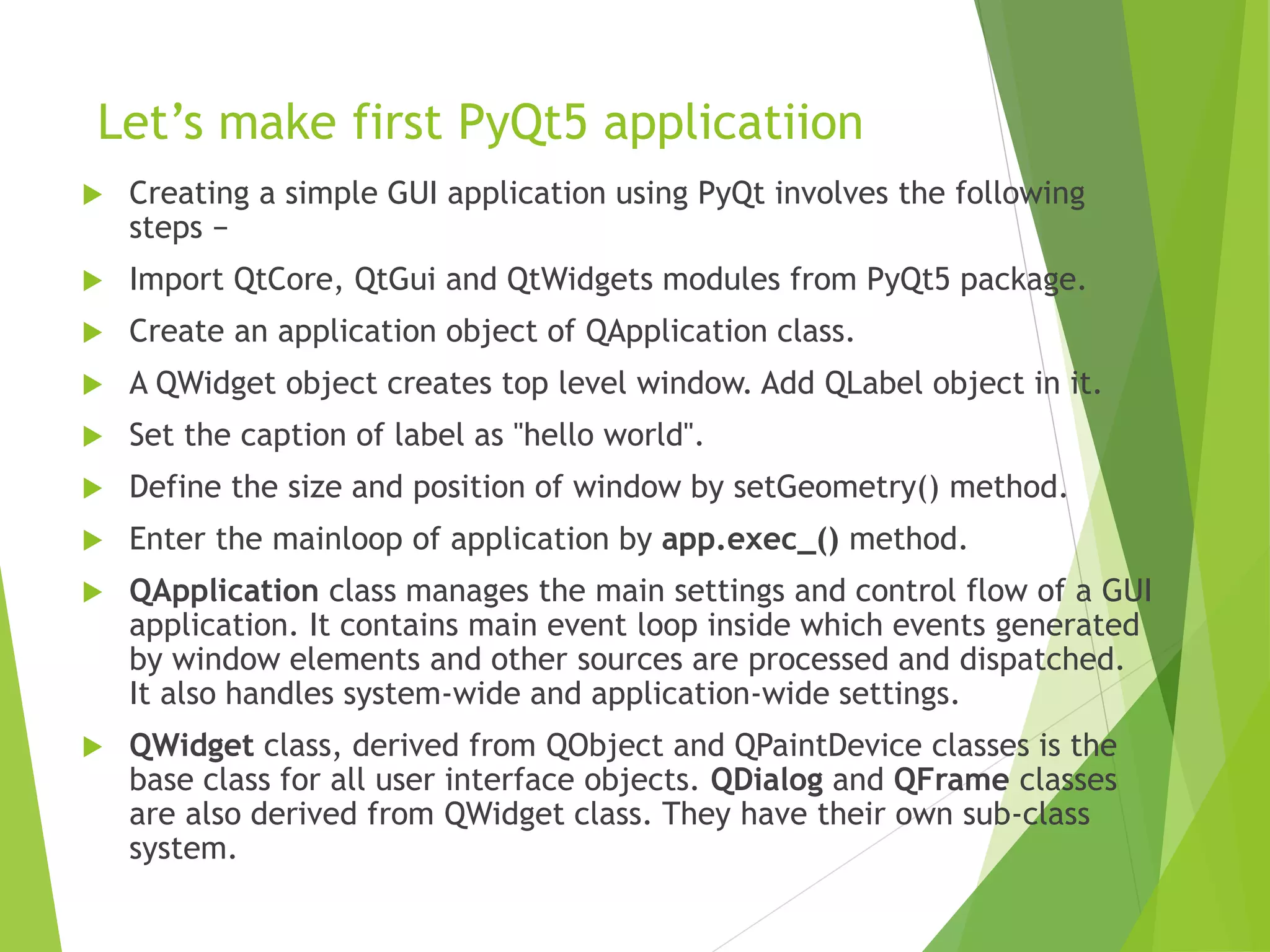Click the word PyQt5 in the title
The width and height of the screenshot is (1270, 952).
[x=522, y=123]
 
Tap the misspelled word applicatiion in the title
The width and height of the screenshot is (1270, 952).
[x=733, y=123]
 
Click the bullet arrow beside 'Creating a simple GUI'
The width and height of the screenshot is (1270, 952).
[x=92, y=195]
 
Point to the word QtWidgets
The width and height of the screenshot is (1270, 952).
[x=579, y=280]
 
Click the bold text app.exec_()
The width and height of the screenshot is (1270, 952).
[x=750, y=539]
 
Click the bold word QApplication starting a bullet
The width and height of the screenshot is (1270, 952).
[x=224, y=591]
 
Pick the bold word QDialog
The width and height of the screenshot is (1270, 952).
[x=766, y=780]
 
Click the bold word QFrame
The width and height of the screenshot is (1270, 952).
[x=951, y=780]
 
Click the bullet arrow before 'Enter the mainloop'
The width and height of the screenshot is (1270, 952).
[x=92, y=540]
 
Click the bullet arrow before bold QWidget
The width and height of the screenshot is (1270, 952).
[x=92, y=747]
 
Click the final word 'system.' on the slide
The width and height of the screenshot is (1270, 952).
[x=183, y=848]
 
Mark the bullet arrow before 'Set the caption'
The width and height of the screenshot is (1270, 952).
[x=92, y=436]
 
